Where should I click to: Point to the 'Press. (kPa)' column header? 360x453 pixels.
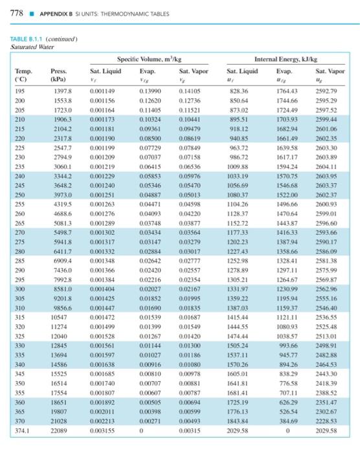[60, 74]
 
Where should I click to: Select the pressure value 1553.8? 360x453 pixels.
[61, 101]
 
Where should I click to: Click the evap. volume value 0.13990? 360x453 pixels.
[152, 92]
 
